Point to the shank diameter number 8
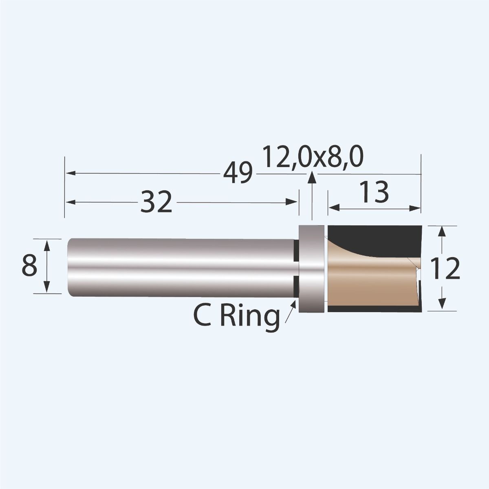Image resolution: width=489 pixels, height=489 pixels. [30, 266]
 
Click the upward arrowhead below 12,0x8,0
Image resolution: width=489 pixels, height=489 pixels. [312, 177]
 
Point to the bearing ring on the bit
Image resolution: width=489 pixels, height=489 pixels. [312, 269]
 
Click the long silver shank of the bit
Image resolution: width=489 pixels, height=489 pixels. [179, 267]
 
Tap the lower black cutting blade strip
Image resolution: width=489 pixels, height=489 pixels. [375, 309]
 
